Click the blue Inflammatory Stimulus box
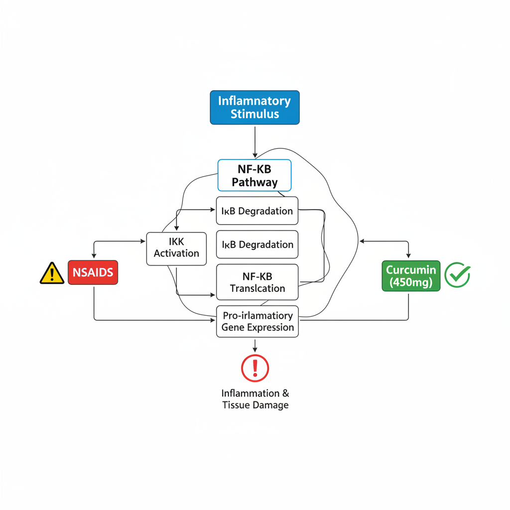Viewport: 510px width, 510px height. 255,107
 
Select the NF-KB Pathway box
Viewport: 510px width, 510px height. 255,175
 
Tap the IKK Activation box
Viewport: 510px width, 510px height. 176,248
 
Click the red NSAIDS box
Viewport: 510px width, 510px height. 93,272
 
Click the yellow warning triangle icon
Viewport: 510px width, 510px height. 52,273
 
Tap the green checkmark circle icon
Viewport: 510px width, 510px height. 457,274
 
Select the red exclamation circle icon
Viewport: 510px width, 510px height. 255,368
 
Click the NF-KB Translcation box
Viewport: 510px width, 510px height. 257,282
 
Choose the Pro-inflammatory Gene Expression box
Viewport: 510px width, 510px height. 257,321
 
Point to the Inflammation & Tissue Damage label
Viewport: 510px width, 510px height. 255,399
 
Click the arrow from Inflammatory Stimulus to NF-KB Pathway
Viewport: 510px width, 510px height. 255,142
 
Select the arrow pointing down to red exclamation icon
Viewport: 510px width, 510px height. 255,346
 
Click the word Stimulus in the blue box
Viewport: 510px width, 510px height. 255,114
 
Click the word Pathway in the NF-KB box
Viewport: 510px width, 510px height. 255,182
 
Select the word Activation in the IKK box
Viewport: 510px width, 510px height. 176,253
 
